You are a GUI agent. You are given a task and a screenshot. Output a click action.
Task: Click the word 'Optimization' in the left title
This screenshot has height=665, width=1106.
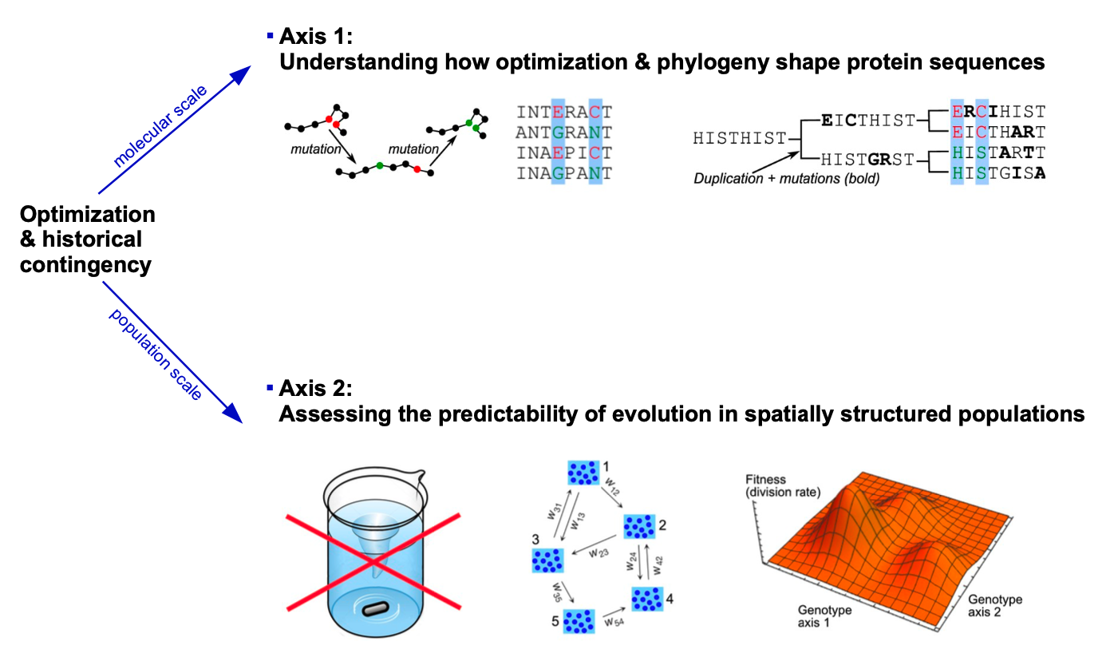click(x=87, y=215)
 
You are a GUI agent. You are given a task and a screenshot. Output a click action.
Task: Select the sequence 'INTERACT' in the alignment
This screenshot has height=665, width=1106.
click(x=563, y=112)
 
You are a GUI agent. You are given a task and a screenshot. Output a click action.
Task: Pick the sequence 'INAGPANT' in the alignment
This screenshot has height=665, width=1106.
click(x=563, y=172)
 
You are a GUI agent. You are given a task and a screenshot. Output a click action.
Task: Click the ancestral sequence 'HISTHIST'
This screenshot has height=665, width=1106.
click(x=739, y=139)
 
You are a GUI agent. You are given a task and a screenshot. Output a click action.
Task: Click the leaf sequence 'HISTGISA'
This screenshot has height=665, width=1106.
click(x=998, y=172)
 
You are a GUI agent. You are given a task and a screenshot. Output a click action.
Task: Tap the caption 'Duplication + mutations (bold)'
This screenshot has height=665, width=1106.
click(x=786, y=179)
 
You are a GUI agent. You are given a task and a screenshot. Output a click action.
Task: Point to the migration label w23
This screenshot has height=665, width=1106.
click(x=599, y=551)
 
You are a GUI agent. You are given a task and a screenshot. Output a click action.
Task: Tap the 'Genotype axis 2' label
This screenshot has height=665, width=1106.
click(x=994, y=606)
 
